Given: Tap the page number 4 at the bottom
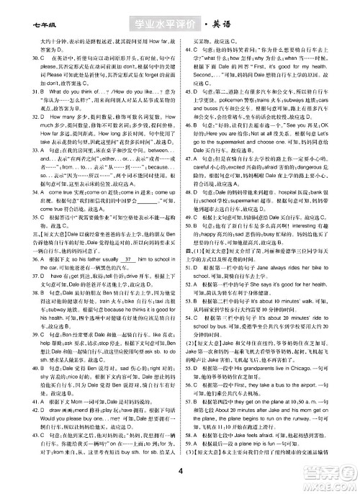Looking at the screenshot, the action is coord(177,472).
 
